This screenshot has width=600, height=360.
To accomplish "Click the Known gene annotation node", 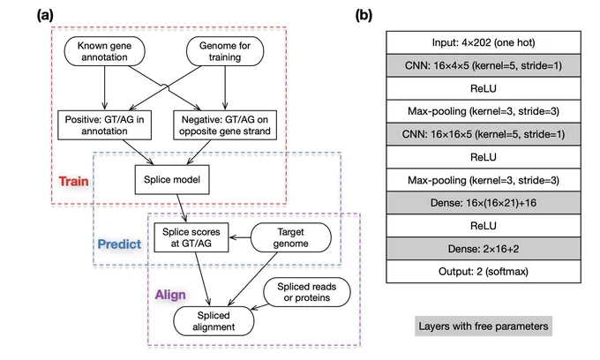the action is pyautogui.click(x=104, y=51).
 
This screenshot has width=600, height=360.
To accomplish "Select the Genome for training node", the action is pyautogui.click(x=225, y=51).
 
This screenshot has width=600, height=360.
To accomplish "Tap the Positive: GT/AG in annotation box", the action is pyautogui.click(x=104, y=125).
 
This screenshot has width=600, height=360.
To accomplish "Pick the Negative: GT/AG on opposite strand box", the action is pyautogui.click(x=225, y=125).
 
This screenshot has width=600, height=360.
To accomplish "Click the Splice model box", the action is pyautogui.click(x=172, y=179).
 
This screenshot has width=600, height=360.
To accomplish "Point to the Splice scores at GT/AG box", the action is pyautogui.click(x=191, y=237).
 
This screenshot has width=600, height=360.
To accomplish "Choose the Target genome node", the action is pyautogui.click(x=291, y=237).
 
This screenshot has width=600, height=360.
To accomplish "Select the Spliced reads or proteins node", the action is pyautogui.click(x=307, y=292).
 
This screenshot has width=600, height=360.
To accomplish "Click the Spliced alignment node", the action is pyautogui.click(x=214, y=321).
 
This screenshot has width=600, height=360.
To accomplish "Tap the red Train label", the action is pyautogui.click(x=73, y=181).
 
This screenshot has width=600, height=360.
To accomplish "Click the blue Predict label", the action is pyautogui.click(x=119, y=244).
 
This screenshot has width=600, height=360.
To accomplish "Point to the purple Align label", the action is pyautogui.click(x=170, y=295).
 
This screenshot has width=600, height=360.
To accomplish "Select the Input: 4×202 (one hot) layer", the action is pyautogui.click(x=484, y=42).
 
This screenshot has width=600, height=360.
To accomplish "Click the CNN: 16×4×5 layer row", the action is pyautogui.click(x=484, y=65).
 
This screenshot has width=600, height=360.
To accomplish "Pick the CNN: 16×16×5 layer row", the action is pyautogui.click(x=484, y=134).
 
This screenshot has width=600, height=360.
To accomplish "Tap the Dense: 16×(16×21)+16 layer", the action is pyautogui.click(x=484, y=203).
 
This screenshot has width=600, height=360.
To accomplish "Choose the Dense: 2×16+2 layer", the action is pyautogui.click(x=484, y=249).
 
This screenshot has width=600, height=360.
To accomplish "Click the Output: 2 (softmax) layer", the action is pyautogui.click(x=484, y=272).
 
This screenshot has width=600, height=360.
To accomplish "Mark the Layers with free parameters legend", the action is pyautogui.click(x=484, y=326).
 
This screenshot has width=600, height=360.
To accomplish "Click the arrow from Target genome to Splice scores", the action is pyautogui.click(x=240, y=237).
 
